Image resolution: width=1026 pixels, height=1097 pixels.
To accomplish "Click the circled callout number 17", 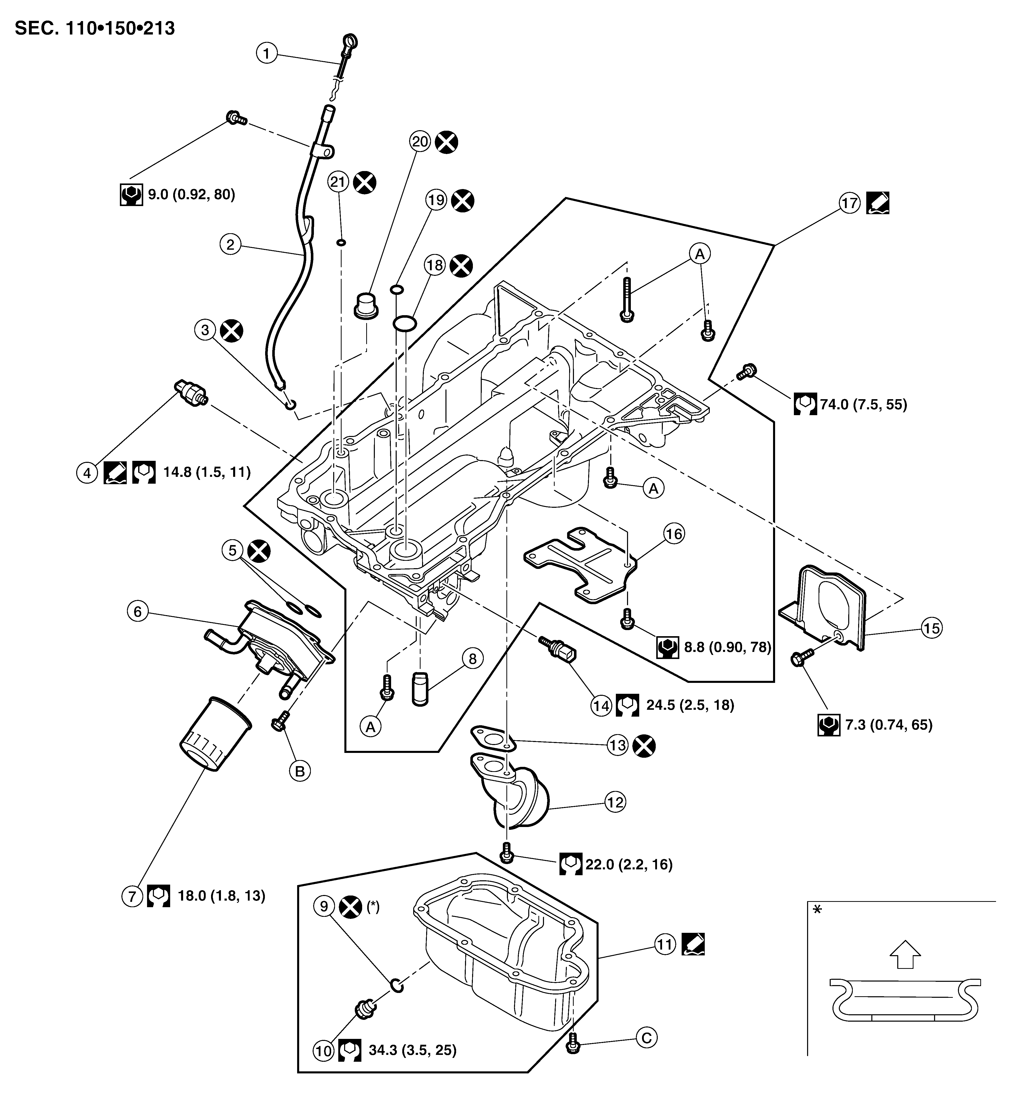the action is coord(850,203).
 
